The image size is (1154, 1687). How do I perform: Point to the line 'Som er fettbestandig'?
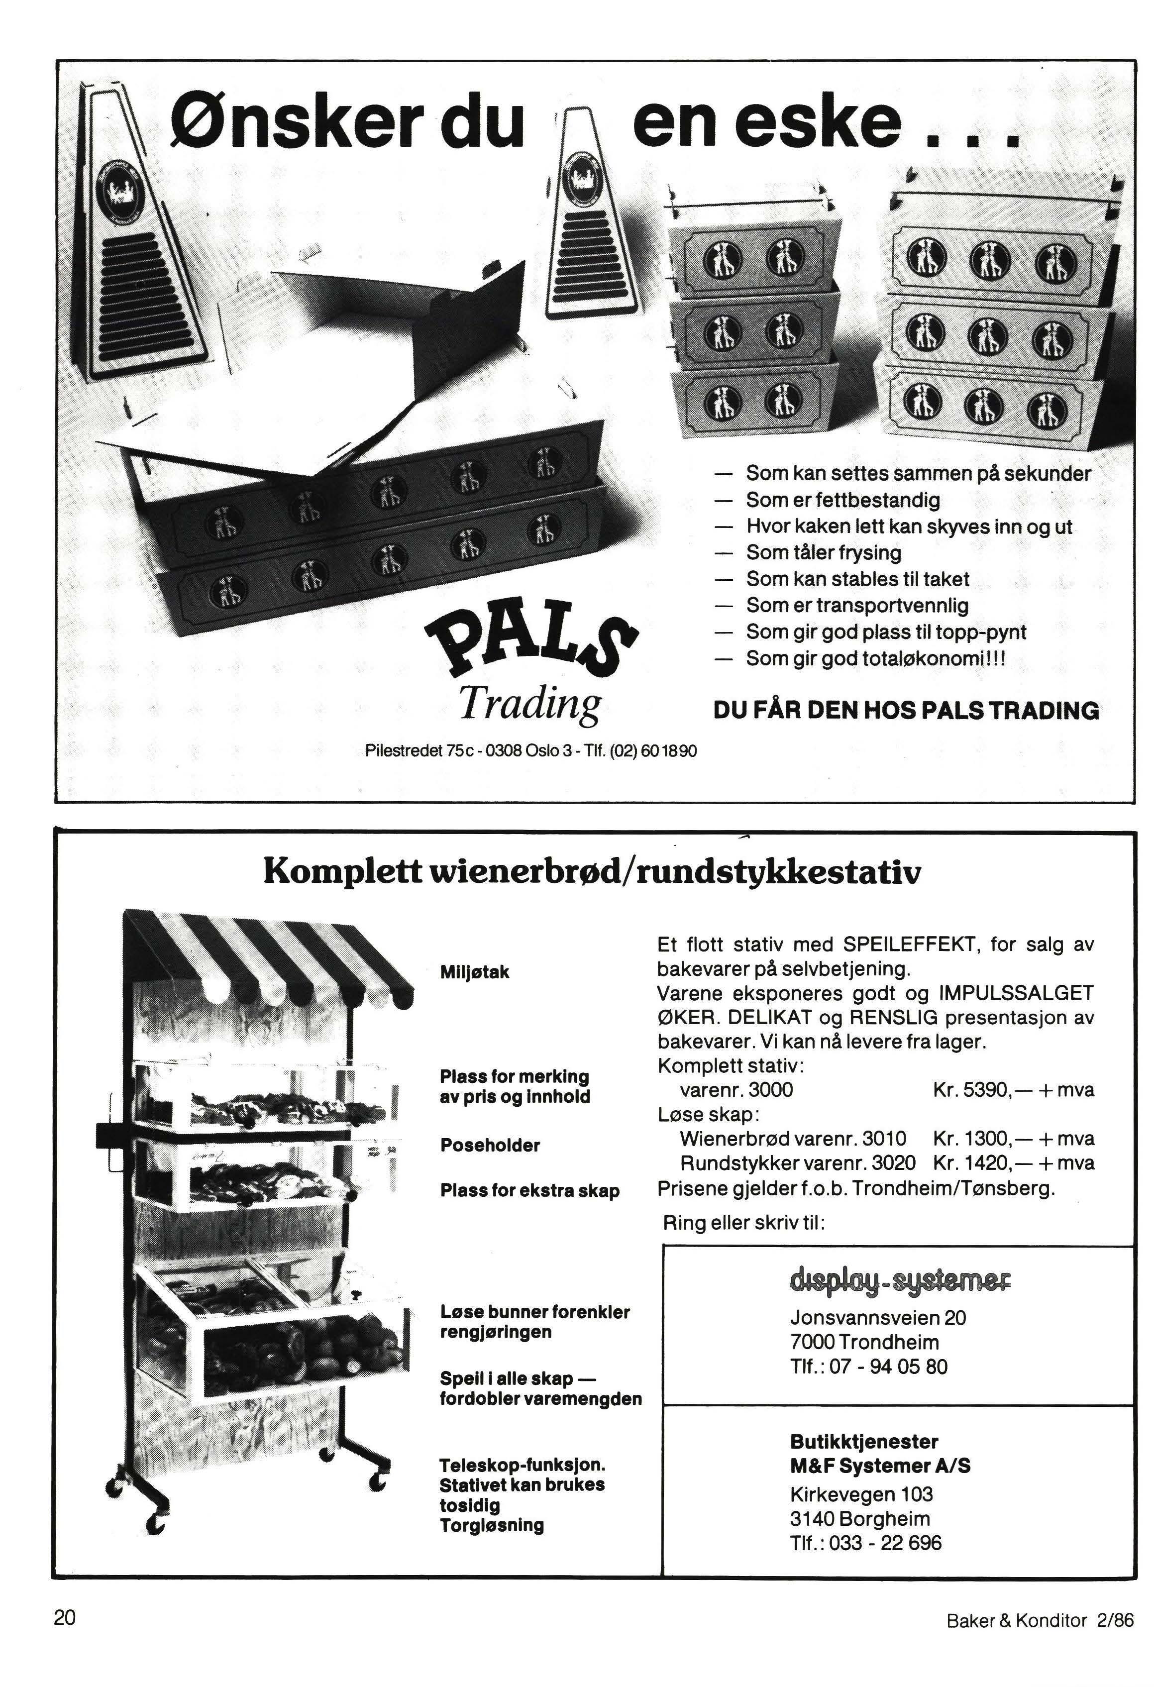click(842, 500)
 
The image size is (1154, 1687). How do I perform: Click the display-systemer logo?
click(900, 1277)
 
